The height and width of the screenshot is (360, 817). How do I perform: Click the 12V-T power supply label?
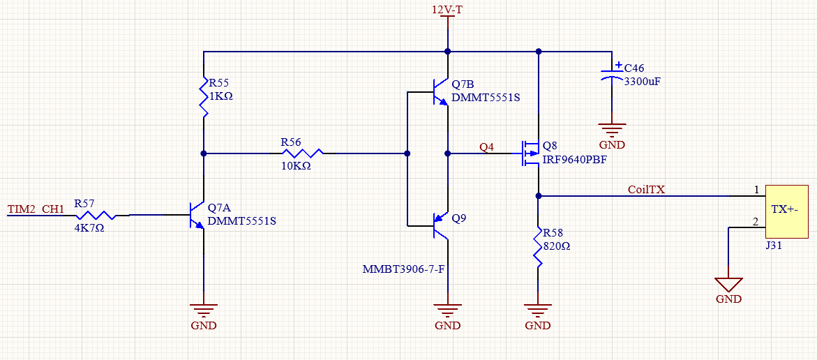[x=447, y=10]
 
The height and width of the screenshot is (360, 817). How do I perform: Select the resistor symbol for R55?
[x=203, y=98]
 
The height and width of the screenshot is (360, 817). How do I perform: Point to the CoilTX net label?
[x=646, y=189]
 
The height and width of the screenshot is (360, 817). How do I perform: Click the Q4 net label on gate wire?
[x=486, y=147]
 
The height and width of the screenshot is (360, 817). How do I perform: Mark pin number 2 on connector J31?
[x=755, y=222]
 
